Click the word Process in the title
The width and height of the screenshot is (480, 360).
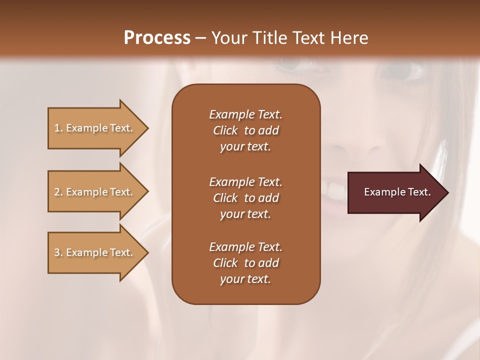coord(157,38)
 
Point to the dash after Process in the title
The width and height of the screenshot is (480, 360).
coord(200,38)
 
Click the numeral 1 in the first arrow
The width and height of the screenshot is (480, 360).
coord(57,128)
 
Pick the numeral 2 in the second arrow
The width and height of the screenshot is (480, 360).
coord(57,192)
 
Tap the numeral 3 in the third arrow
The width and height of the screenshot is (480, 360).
coord(57,252)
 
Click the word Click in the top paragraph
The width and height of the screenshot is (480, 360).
coord(225,130)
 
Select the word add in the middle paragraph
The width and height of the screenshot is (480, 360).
coord(268,198)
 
